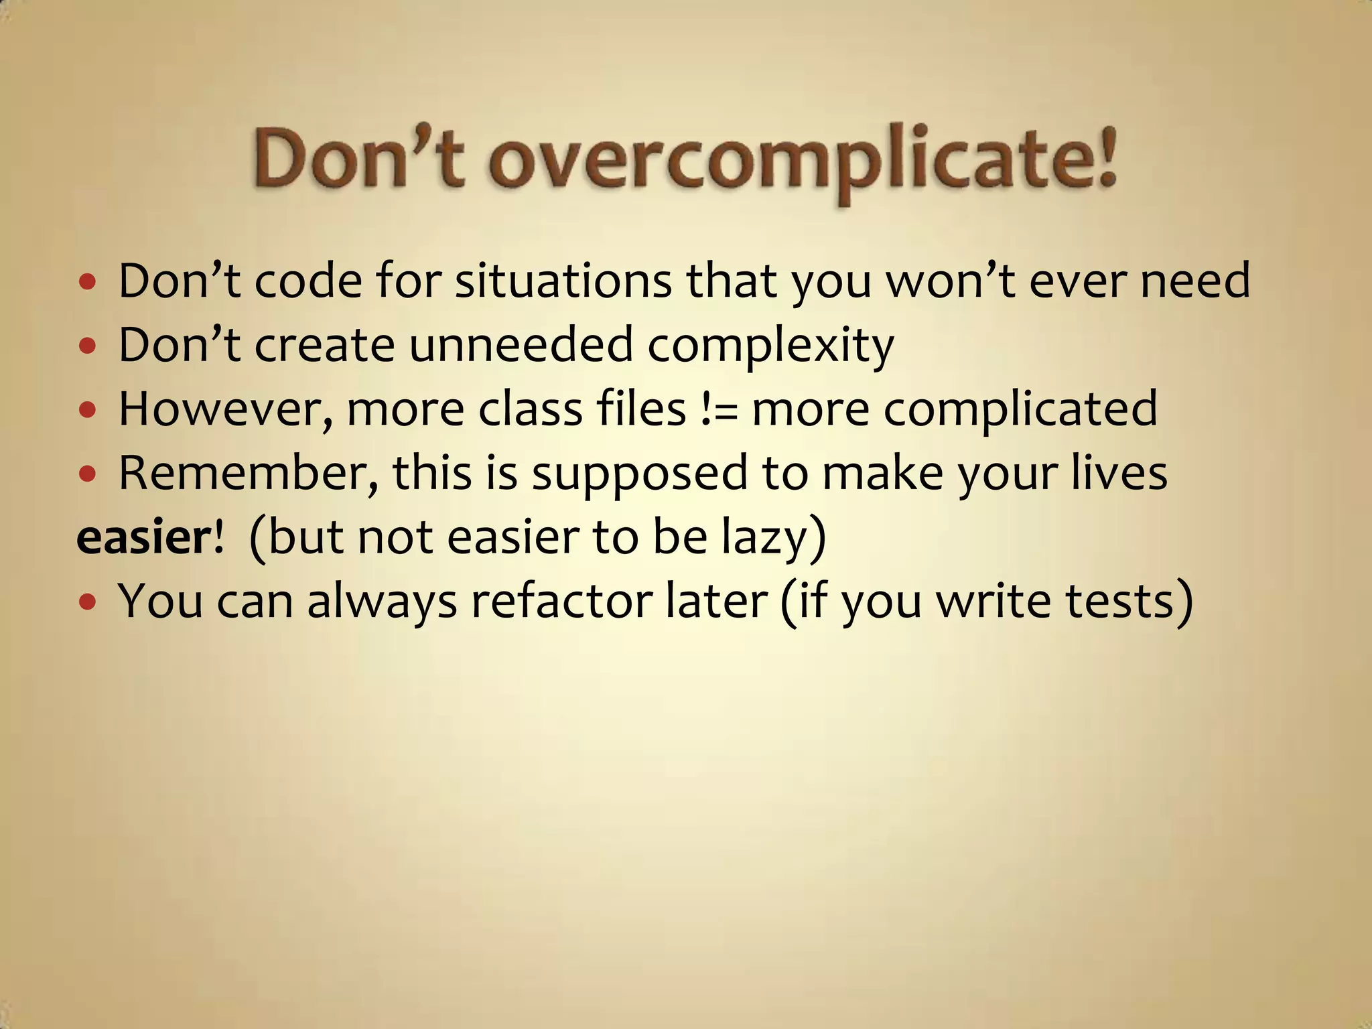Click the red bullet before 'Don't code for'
pyautogui.click(x=87, y=282)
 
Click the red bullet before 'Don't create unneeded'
pyautogui.click(x=87, y=346)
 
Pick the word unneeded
pyautogui.click(x=521, y=345)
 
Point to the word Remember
pyautogui.click(x=248, y=473)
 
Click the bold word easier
pyautogui.click(x=144, y=537)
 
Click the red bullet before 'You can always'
pyautogui.click(x=87, y=602)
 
